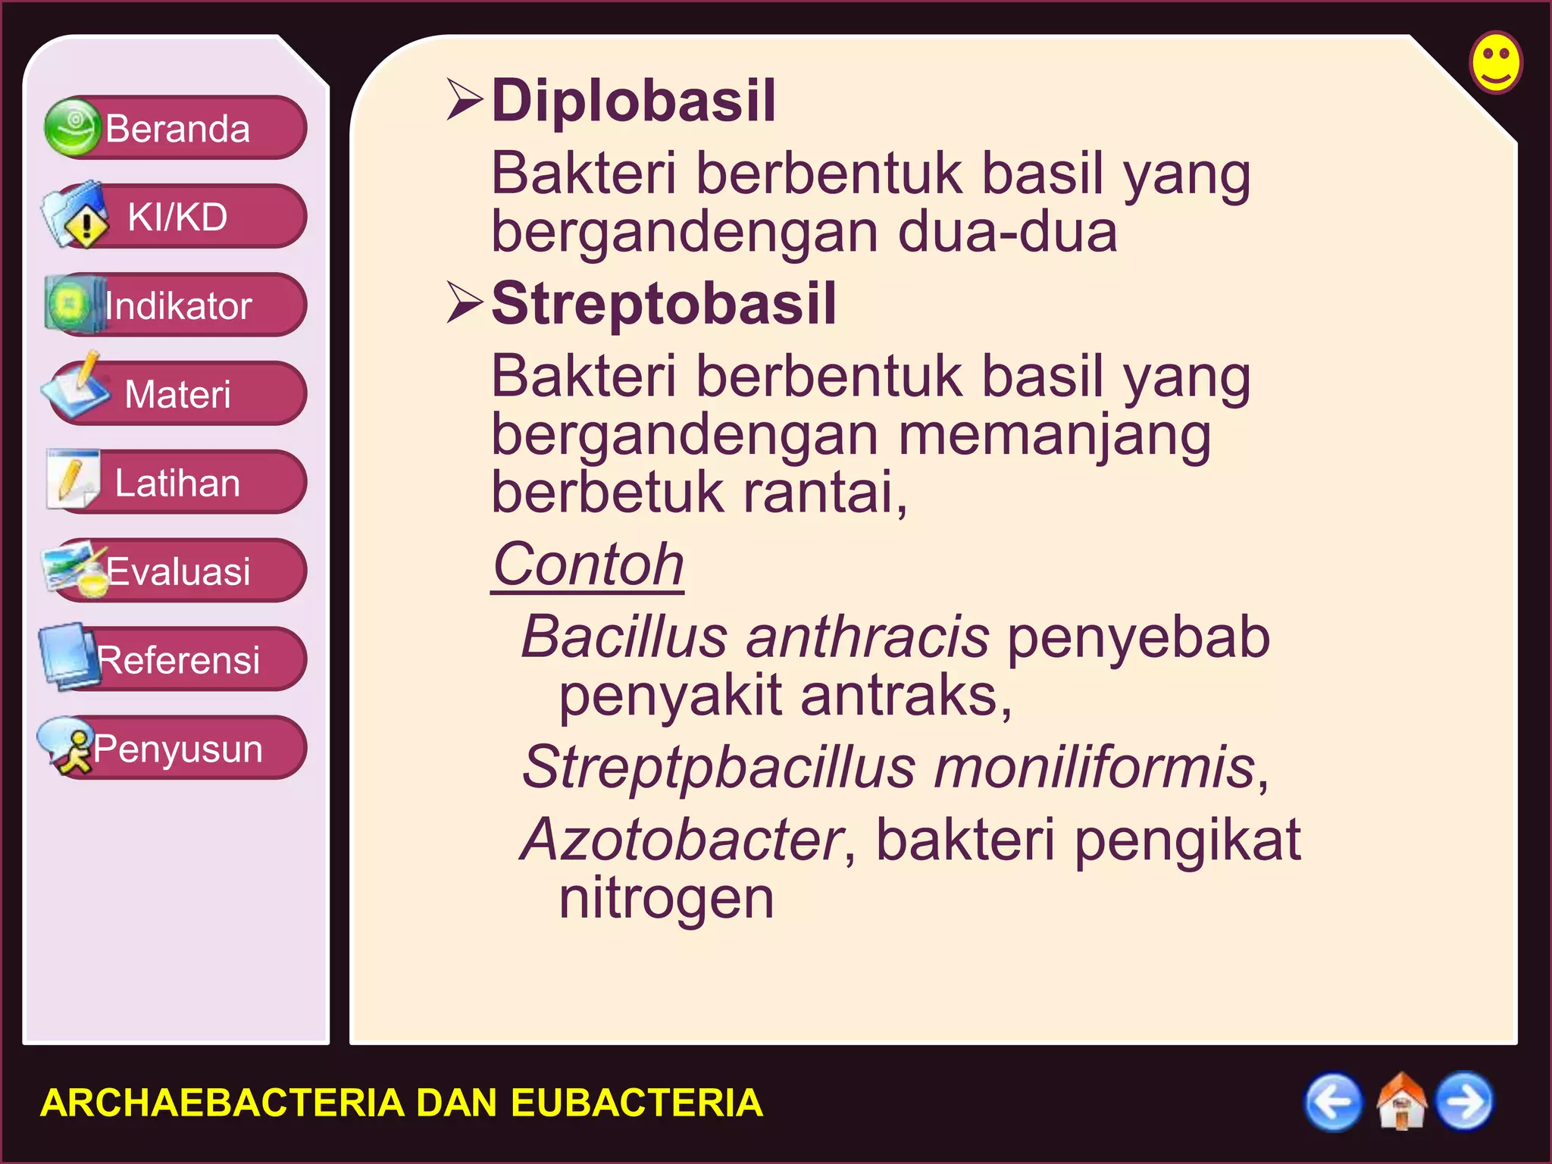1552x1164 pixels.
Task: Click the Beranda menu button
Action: (177, 128)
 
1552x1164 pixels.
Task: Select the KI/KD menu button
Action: (177, 217)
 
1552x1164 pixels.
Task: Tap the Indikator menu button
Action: (177, 305)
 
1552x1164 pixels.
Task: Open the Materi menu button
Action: (177, 394)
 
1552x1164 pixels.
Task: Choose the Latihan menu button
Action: (177, 483)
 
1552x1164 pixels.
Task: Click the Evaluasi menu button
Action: (177, 571)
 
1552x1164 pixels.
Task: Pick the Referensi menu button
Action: (177, 659)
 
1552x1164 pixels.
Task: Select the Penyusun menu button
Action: (177, 748)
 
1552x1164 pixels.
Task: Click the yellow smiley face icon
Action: (1495, 62)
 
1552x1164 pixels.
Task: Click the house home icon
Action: (1400, 1101)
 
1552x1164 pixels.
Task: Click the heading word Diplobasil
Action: (634, 101)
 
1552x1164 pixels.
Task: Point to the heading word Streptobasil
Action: (664, 303)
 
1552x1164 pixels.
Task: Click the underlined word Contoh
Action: (588, 565)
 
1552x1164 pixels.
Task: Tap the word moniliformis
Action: (1094, 767)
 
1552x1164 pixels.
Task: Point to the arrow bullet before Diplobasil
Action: (465, 100)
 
